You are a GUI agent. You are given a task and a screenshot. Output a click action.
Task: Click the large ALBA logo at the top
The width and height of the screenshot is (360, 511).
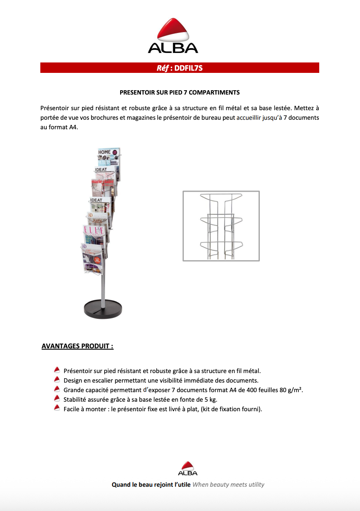pyautogui.click(x=173, y=36)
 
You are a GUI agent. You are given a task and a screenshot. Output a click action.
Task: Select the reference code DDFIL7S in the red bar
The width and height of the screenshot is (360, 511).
pyautogui.click(x=189, y=68)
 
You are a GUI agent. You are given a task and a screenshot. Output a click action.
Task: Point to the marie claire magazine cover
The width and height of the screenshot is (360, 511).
pyautogui.click(x=103, y=187)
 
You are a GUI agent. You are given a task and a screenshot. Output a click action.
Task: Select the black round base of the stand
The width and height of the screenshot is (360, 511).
pyautogui.click(x=103, y=308)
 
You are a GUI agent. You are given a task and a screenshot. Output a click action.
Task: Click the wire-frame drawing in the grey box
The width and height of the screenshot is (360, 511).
pyautogui.click(x=221, y=226)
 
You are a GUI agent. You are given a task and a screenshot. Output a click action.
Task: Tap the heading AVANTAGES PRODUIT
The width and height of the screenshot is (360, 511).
pyautogui.click(x=78, y=346)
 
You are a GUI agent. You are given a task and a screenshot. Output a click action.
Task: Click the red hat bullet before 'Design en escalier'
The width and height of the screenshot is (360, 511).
pyautogui.click(x=57, y=380)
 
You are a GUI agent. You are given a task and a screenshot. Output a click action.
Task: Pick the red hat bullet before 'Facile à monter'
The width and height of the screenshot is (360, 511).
pyautogui.click(x=57, y=408)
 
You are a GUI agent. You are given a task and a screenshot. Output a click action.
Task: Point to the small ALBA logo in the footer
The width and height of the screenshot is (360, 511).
pyautogui.click(x=188, y=468)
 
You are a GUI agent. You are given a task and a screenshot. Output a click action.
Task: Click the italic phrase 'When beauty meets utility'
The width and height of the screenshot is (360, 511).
pyautogui.click(x=228, y=485)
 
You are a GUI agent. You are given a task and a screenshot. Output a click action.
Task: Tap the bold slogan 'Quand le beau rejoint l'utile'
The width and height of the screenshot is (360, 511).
pyautogui.click(x=151, y=485)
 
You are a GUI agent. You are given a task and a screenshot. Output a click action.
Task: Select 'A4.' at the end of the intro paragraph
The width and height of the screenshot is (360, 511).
pyautogui.click(x=72, y=127)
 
